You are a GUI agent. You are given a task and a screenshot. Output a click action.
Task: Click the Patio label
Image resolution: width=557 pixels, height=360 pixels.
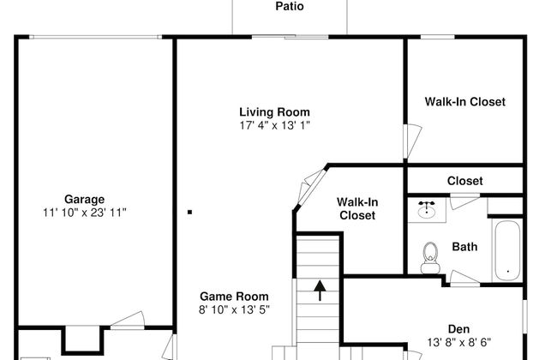coord(290,6)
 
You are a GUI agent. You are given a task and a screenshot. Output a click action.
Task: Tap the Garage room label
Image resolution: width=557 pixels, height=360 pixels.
coord(85,200)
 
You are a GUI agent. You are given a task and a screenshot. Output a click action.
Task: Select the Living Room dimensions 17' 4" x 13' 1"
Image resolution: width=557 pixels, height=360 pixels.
coord(274,125)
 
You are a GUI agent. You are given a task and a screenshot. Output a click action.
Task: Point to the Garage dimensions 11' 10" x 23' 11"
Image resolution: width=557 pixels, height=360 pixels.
coord(85,213)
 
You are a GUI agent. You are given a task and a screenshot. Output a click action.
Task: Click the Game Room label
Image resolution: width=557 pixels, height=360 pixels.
coord(234,296)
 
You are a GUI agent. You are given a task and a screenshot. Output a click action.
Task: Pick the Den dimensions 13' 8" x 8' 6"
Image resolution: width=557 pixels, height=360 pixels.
coord(459,342)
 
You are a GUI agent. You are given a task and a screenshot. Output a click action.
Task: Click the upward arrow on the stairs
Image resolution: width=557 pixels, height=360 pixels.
coord(320,291)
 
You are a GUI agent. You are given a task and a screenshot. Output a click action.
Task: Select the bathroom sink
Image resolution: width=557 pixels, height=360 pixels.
coord(426,210)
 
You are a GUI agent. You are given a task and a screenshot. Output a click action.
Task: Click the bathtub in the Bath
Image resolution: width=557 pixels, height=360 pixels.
coord(507,250)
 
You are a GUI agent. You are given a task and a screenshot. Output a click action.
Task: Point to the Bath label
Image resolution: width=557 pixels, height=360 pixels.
coord(464,247)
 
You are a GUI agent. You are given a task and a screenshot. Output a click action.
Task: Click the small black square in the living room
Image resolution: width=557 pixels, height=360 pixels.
coord(189,213)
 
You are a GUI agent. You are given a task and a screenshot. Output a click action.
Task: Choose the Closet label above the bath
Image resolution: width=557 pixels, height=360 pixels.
coord(464,181)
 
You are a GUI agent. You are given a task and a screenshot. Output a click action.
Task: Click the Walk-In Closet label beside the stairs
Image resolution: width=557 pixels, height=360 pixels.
coord(357,208)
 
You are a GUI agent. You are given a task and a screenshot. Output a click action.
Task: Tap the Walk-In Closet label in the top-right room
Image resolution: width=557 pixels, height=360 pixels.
coord(465,102)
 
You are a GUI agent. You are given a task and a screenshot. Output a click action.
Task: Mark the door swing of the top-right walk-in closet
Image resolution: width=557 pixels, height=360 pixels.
coord(412,141)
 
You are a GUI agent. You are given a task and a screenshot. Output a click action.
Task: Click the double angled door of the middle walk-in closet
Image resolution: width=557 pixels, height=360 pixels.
coord(311,188)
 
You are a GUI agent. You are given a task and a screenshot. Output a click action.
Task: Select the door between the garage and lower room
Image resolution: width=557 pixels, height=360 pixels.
coord(128,320)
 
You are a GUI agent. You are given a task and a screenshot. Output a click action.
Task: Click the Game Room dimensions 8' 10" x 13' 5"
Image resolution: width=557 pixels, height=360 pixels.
coord(234,309)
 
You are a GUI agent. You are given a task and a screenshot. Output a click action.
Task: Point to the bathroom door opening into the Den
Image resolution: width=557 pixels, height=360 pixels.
coord(464,278)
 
